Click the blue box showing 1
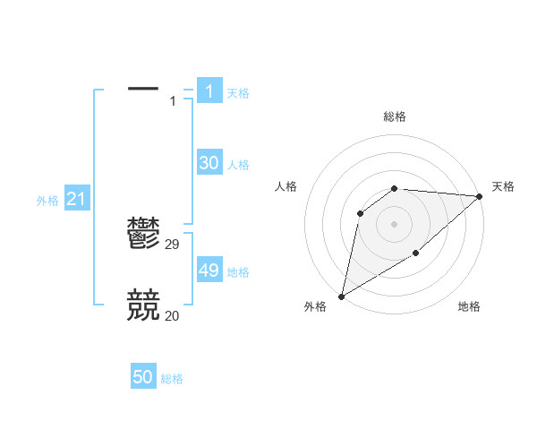click(209, 91)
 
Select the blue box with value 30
click(209, 163)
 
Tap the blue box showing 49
click(209, 271)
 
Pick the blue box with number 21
click(76, 199)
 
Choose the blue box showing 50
click(143, 377)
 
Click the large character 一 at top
click(143, 88)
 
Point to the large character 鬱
click(143, 233)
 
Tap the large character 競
click(143, 305)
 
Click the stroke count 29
click(173, 244)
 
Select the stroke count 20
click(173, 315)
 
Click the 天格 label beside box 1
click(238, 93)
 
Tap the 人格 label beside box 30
click(238, 165)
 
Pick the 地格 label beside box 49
click(238, 272)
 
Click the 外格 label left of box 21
click(47, 201)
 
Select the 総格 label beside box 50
click(172, 379)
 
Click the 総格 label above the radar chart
click(394, 116)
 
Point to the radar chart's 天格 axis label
click(503, 186)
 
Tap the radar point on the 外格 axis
click(341, 296)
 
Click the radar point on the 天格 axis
click(480, 196)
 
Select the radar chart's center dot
click(394, 223)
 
